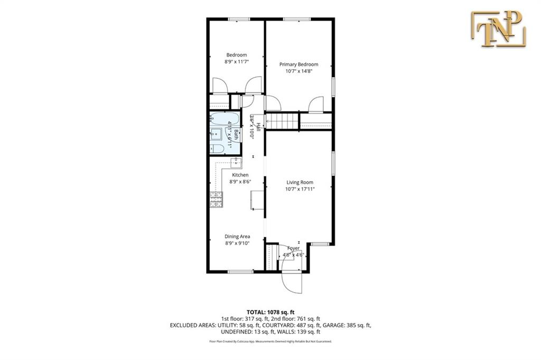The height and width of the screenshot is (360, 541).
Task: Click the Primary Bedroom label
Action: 299,64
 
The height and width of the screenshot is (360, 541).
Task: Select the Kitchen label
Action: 240,175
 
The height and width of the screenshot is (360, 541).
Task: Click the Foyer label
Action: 293,248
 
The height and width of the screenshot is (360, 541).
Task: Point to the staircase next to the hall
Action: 281,121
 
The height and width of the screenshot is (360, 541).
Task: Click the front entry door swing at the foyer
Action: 292,280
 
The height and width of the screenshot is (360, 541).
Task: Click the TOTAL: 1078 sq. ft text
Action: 270,311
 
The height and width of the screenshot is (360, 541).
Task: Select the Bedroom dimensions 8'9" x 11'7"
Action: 236,62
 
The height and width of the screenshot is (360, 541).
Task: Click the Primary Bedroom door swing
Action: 316,104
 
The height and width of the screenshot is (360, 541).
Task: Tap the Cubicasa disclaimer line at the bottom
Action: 270,342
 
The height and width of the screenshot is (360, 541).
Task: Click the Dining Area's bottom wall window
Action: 236,272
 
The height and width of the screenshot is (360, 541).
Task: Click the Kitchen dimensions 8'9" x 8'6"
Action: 240,181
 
